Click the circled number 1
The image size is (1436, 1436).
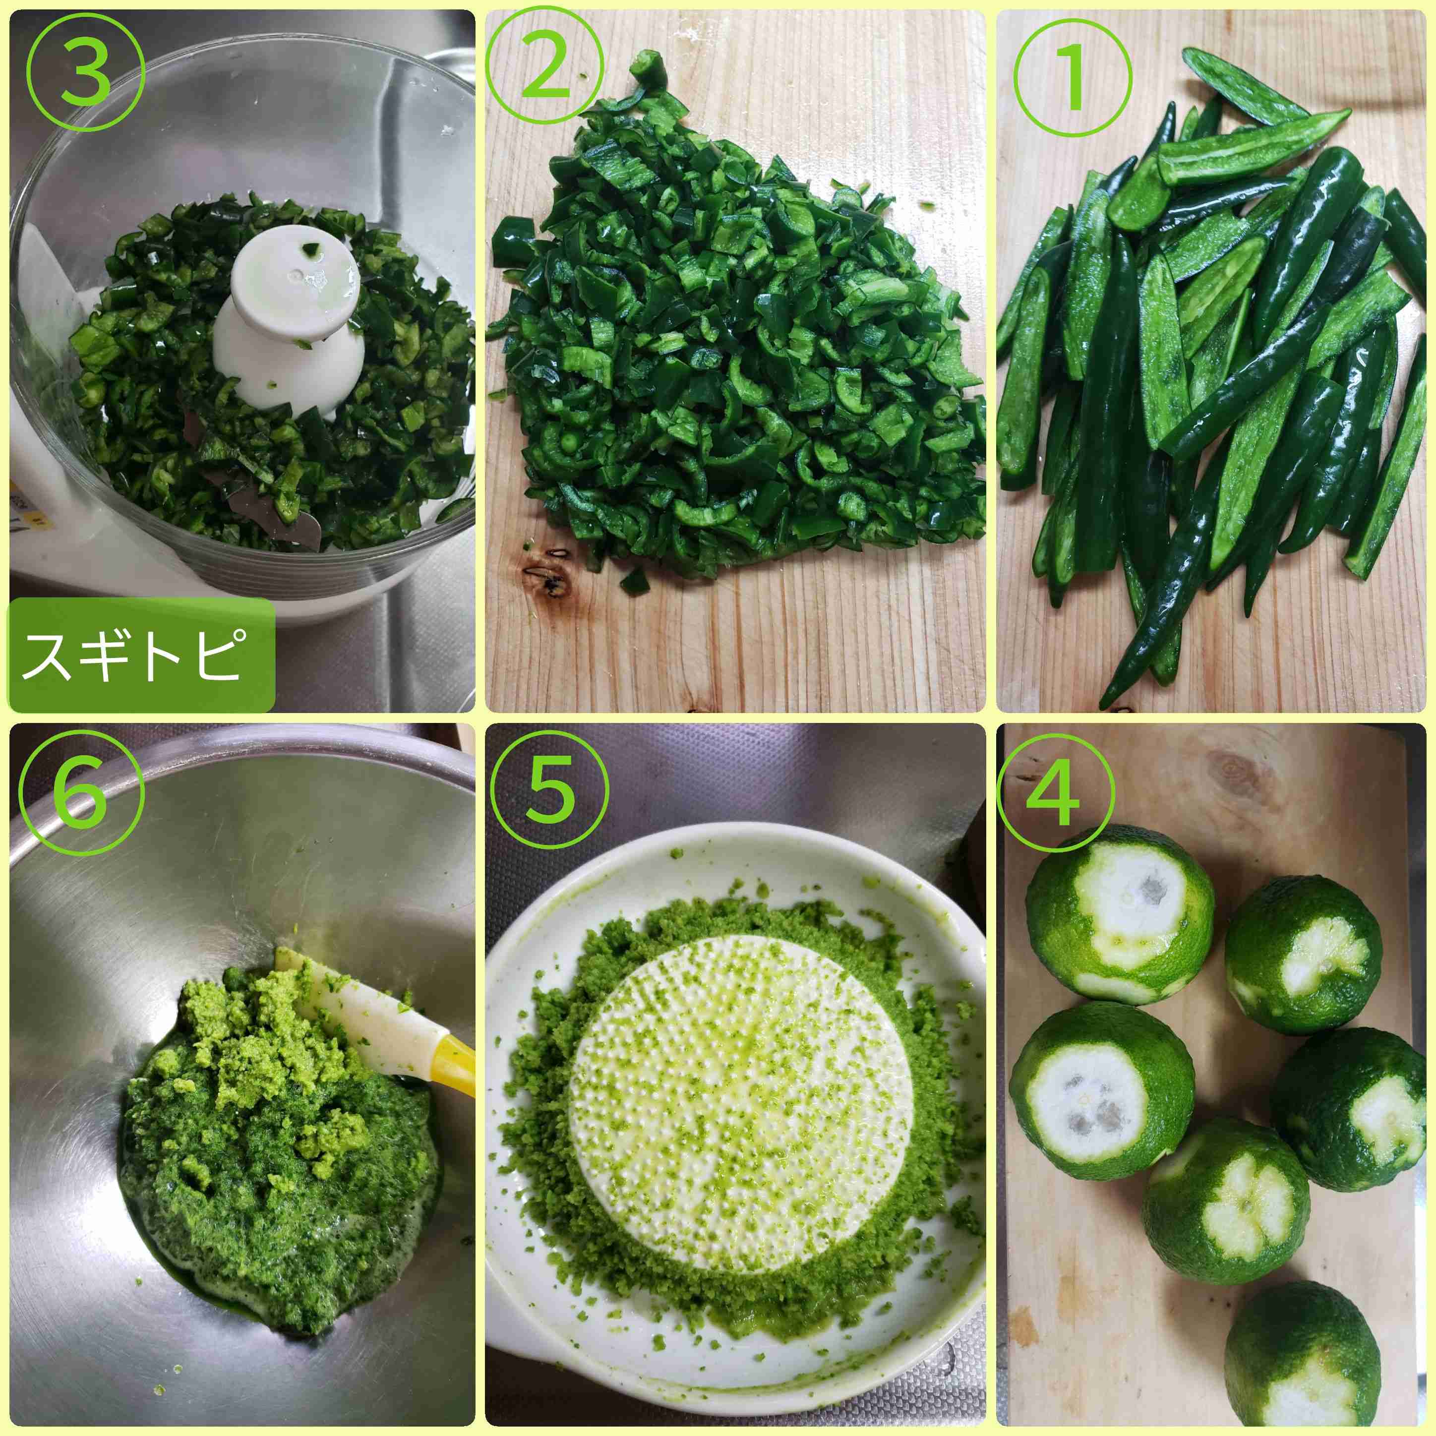[x=1072, y=78]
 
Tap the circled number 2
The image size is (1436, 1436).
[x=545, y=71]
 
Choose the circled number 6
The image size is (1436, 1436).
[x=81, y=795]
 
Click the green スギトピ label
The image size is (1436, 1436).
[x=141, y=656]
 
